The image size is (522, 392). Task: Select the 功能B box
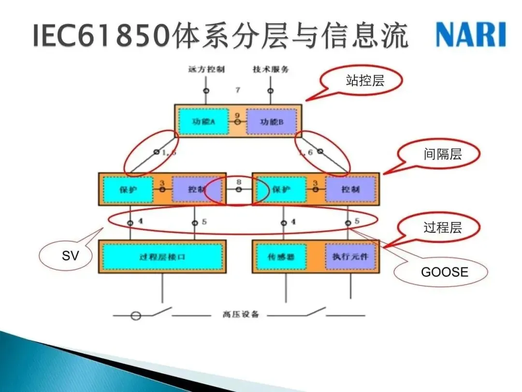click(271, 121)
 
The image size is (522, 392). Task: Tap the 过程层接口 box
click(162, 256)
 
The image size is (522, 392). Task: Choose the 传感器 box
click(281, 256)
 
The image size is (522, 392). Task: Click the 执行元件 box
click(350, 256)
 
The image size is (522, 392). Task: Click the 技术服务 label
click(271, 69)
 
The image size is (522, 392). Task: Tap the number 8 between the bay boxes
click(239, 182)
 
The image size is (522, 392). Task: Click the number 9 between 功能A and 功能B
click(237, 115)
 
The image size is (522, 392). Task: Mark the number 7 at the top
click(237, 90)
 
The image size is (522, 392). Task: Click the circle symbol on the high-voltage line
click(136, 316)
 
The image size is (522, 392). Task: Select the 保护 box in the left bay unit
click(128, 189)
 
